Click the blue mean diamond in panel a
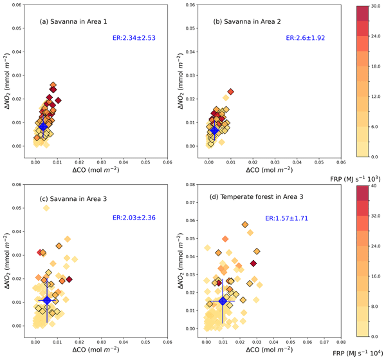(x=43, y=127)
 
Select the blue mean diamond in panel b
(x=215, y=130)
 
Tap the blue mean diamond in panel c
(x=46, y=300)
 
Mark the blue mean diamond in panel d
(x=223, y=301)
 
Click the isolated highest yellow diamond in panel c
(x=46, y=208)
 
